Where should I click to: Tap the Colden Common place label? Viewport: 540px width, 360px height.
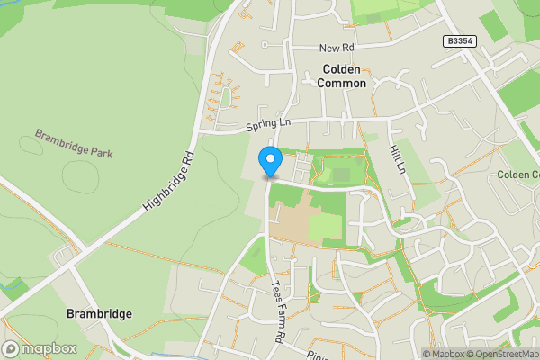pos(341,75)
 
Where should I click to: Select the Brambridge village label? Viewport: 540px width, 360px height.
pos(100,314)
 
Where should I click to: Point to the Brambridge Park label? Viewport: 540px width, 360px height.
pos(74,142)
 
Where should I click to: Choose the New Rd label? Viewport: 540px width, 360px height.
pos(337,48)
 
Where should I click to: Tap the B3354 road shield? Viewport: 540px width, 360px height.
pos(459,41)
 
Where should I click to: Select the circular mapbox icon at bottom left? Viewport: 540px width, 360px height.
pos(12,348)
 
